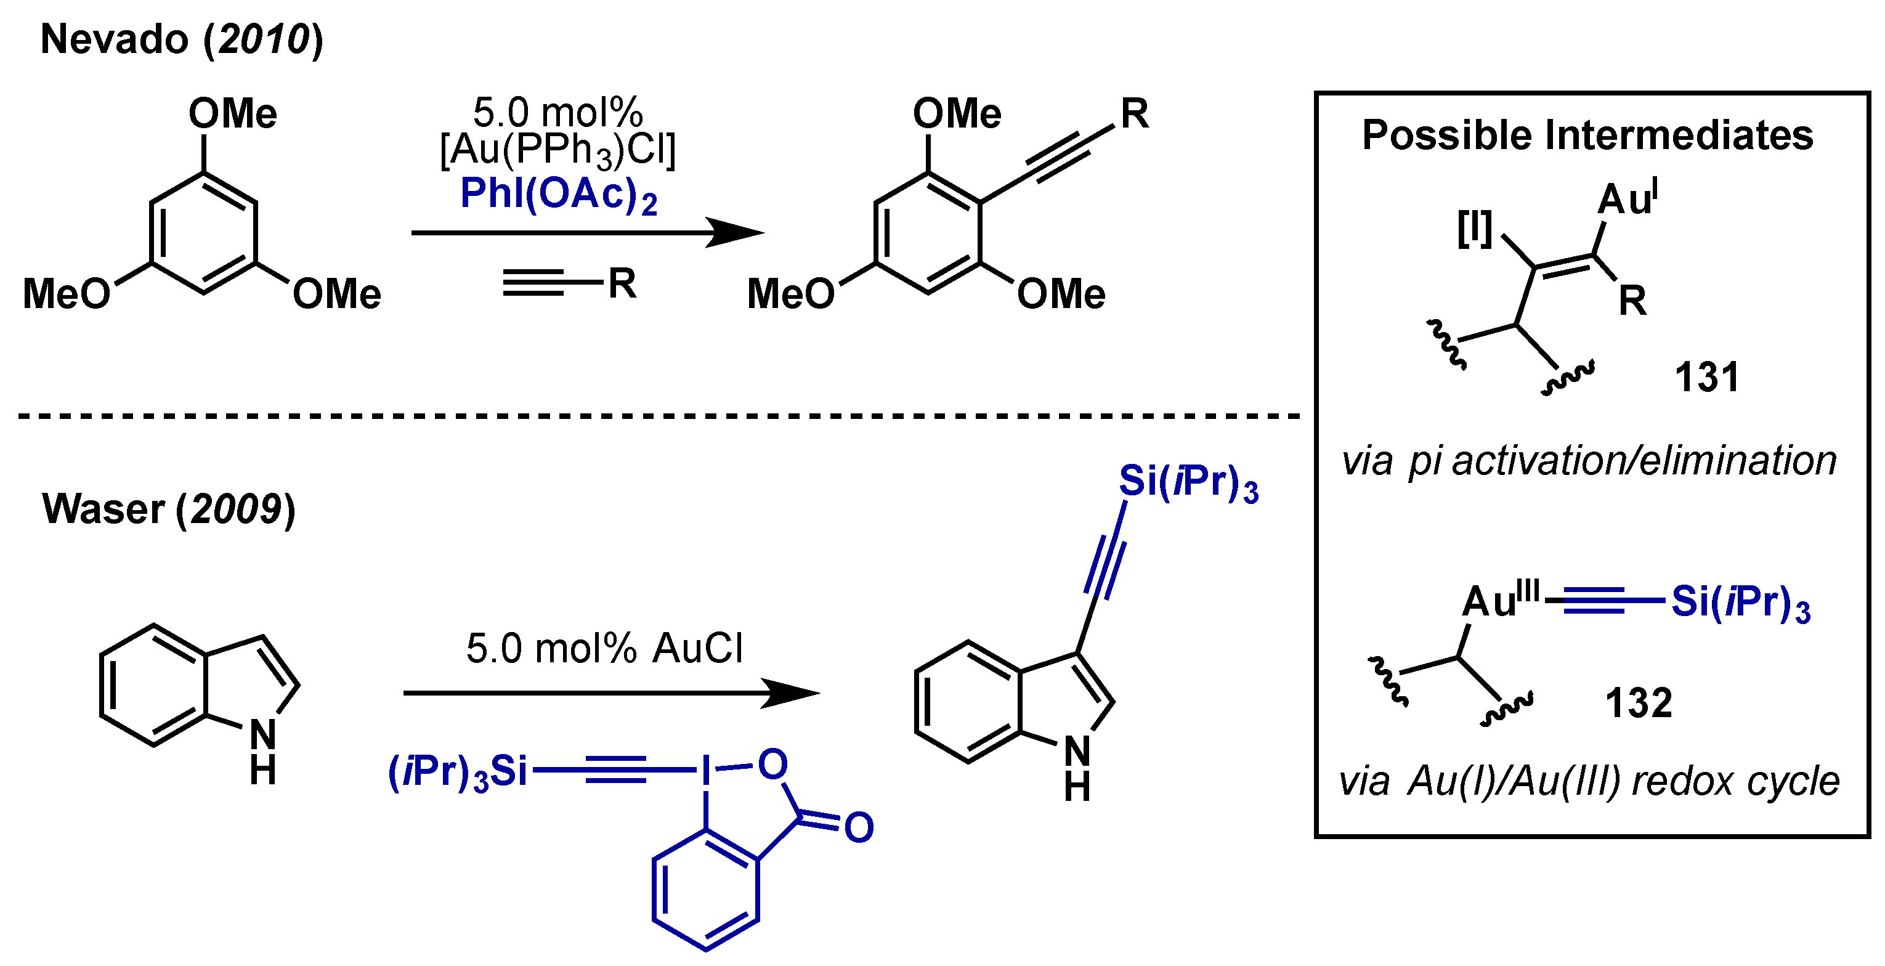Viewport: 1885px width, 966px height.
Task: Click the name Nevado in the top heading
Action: (x=114, y=39)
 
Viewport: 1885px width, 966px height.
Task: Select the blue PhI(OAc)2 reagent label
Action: (x=558, y=195)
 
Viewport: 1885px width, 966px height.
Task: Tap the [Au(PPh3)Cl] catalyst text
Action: (x=557, y=151)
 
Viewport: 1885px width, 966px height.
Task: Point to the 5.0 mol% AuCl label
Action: (x=604, y=648)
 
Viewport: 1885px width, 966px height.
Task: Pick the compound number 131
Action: (x=1706, y=378)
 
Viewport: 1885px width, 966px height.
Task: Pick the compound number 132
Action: (x=1639, y=704)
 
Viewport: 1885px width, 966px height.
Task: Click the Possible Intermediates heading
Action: (x=1587, y=136)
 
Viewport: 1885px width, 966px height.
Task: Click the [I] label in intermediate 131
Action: (x=1474, y=229)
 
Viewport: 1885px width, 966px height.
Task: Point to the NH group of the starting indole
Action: (x=262, y=750)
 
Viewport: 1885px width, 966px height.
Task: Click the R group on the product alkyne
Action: (x=1134, y=114)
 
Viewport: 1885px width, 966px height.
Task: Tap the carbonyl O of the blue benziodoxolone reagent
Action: (x=858, y=827)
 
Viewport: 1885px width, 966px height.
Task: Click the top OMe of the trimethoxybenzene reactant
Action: (x=233, y=114)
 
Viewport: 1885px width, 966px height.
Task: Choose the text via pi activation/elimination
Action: (x=1589, y=461)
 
